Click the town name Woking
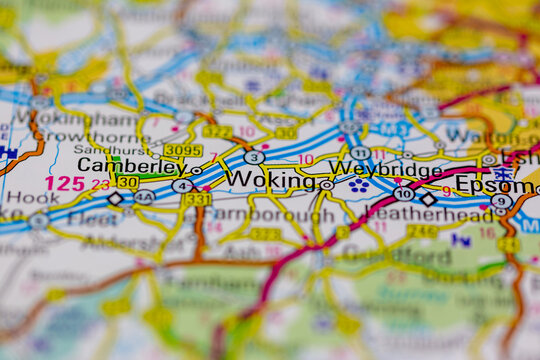[x=271, y=179]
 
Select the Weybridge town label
[x=385, y=170]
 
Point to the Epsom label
[x=494, y=184]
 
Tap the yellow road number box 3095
[x=182, y=150]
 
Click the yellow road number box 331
[x=197, y=199]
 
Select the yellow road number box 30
[x=127, y=182]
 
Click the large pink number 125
[x=65, y=183]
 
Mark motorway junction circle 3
[x=254, y=157]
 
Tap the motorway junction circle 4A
[x=145, y=198]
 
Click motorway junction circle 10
[x=404, y=193]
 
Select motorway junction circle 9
[x=501, y=201]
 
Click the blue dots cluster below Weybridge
[x=359, y=186]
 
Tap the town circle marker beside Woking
[x=327, y=185]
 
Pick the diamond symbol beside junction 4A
[x=115, y=199]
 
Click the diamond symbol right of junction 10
[x=428, y=199]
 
